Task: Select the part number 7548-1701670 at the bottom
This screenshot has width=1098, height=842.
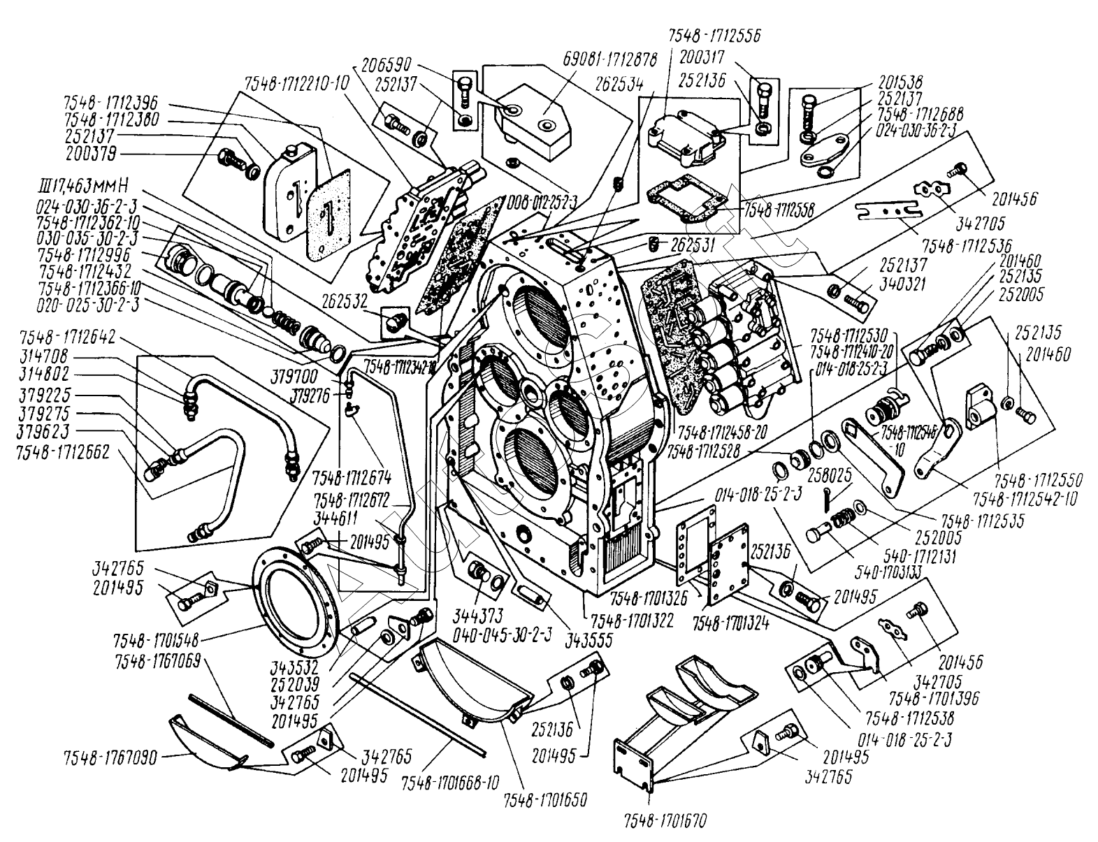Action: point(660,815)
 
